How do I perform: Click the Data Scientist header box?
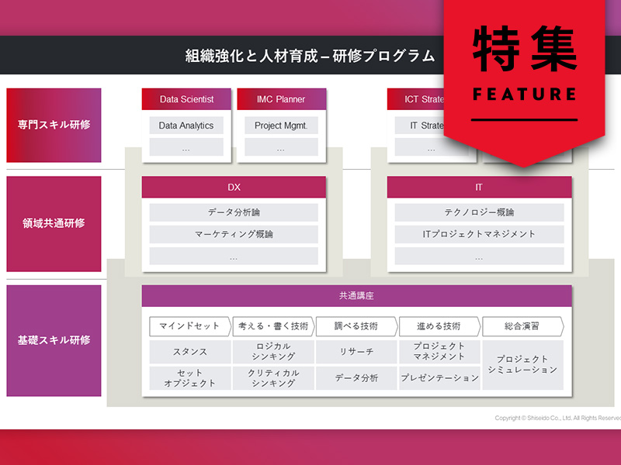(x=186, y=99)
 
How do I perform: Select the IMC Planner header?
(x=281, y=99)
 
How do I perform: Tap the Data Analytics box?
(x=186, y=126)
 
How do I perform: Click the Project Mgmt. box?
(x=281, y=126)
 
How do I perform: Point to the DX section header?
(x=234, y=188)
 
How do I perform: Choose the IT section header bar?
(x=479, y=188)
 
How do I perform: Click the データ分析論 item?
(x=234, y=212)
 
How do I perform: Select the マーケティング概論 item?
(x=234, y=234)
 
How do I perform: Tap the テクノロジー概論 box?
(x=479, y=212)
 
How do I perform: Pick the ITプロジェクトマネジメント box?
(x=479, y=234)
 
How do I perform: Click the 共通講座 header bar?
(x=356, y=295)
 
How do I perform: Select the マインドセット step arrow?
(x=189, y=326)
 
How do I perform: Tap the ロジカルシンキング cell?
(x=273, y=352)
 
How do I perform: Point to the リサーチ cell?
(x=356, y=352)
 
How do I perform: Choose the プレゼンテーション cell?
(x=439, y=378)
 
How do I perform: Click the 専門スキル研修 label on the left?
(x=54, y=126)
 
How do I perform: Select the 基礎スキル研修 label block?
(x=54, y=340)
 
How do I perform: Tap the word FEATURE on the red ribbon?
(x=525, y=95)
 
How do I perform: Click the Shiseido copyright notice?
(x=557, y=418)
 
